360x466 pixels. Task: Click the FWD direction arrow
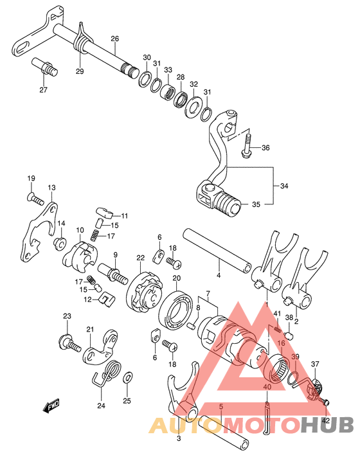(x=51, y=405)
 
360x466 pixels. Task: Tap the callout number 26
(x=114, y=39)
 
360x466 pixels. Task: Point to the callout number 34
(x=284, y=186)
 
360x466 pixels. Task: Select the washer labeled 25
(x=128, y=378)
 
